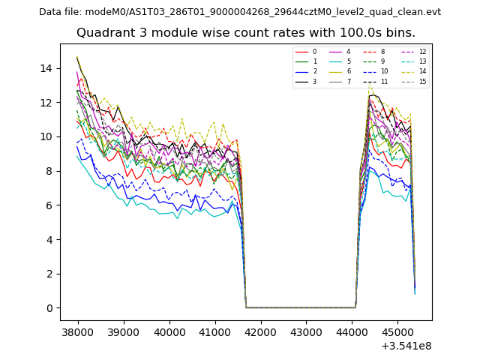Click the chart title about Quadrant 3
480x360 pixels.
coord(246,33)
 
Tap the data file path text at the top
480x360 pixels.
coord(240,12)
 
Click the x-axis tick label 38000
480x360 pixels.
coord(78,331)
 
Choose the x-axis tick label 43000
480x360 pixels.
coord(306,331)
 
